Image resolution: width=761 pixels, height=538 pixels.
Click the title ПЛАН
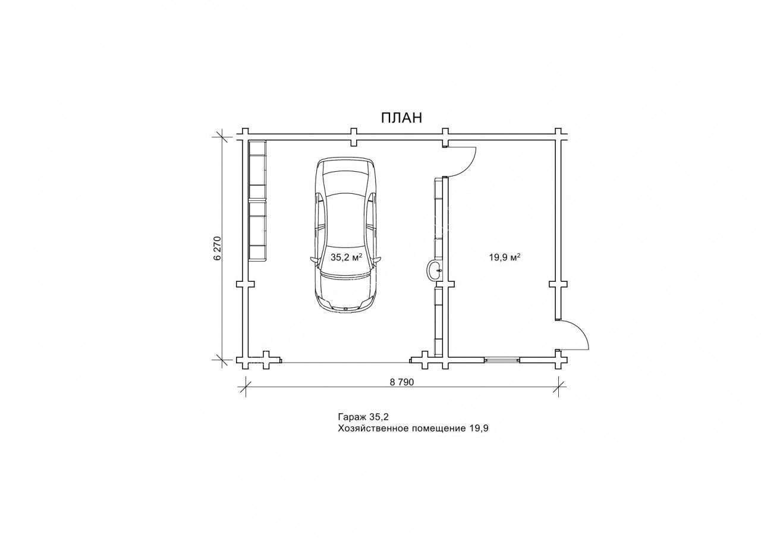click(401, 118)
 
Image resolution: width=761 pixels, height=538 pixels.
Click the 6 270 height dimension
click(218, 248)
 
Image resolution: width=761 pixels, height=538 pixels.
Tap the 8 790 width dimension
click(402, 382)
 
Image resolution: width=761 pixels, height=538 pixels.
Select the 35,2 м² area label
click(346, 257)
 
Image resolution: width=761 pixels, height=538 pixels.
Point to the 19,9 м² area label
click(505, 257)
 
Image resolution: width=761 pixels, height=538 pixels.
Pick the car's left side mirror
click(315, 260)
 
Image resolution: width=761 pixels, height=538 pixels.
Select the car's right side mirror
click(377, 260)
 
